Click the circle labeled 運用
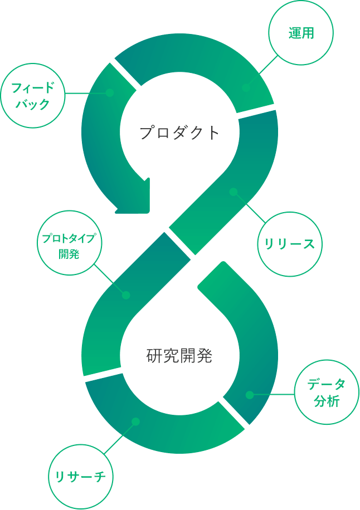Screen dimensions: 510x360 tap(301, 33)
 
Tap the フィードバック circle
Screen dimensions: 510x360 tap(33, 96)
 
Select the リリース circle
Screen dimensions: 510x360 tap(290, 244)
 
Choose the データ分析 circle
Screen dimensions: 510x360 tap(326, 393)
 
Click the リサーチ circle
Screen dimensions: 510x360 tap(81, 477)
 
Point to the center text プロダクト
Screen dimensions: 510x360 tap(179, 133)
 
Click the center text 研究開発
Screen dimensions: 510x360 tap(179, 356)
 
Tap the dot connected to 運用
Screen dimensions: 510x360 tap(246, 87)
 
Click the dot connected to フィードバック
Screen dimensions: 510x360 tap(110, 92)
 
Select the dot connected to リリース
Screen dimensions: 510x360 tap(233, 192)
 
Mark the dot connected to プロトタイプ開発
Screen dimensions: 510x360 tap(126, 295)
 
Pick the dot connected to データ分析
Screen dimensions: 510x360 tap(250, 395)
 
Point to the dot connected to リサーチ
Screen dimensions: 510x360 tap(135, 421)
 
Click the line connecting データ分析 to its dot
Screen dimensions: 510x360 tap(273, 395)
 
